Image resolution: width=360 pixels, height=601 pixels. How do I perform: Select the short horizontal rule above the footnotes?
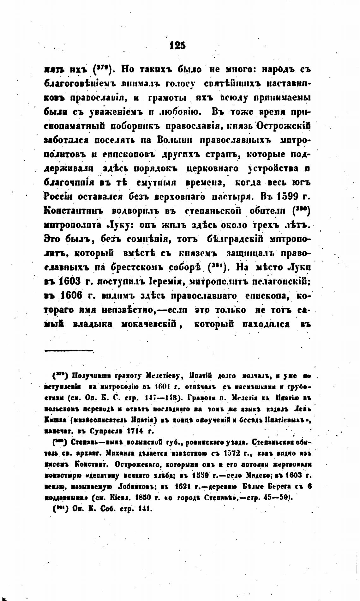point(69,350)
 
